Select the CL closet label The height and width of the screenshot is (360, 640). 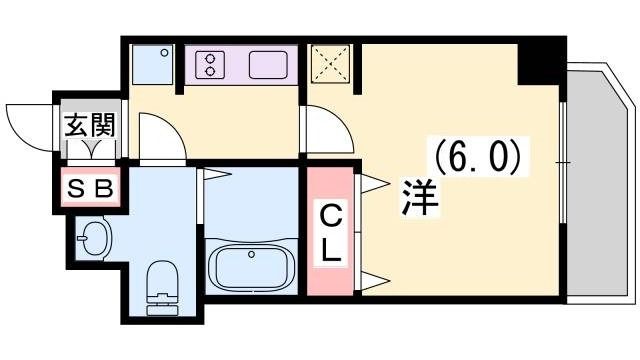(x=331, y=233)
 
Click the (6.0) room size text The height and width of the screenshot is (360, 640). (x=476, y=157)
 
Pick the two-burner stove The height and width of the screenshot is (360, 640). (x=212, y=65)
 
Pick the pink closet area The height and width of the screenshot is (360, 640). (x=331, y=232)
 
